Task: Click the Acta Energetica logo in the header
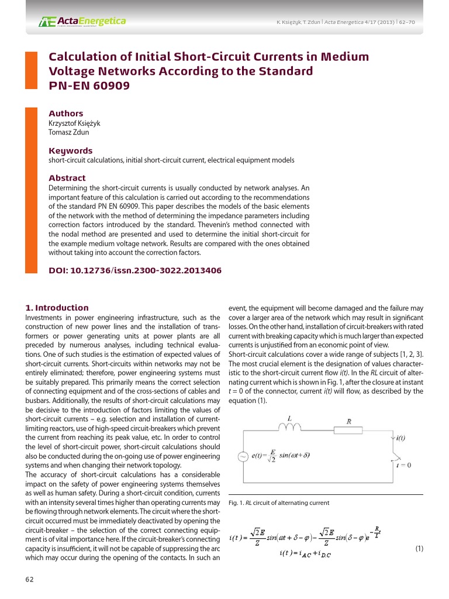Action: point(82,22)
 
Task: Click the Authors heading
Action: point(65,113)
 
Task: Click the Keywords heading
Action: point(70,151)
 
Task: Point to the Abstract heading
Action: point(67,178)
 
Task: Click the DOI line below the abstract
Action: point(134,271)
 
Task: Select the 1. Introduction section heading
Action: point(57,308)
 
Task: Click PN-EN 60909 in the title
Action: point(89,86)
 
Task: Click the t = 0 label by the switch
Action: point(403,466)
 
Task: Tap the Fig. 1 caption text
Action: point(279,503)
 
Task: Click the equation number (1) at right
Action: point(419,549)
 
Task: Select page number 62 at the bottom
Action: point(29,580)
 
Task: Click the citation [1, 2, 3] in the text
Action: point(408,355)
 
